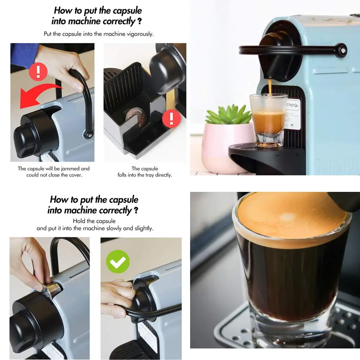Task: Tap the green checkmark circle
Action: pos(118,261)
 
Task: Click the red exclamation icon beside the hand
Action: pos(38,71)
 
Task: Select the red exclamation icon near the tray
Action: pos(171,118)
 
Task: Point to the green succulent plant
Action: pos(229,114)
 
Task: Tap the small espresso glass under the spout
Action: pos(268,120)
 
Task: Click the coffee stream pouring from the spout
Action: pos(270,87)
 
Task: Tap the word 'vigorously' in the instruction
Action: pos(140,34)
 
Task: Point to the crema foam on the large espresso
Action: pos(292,220)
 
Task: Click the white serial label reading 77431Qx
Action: pos(293,114)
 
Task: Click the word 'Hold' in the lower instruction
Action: pos(78,221)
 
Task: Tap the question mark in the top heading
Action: pos(139,22)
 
